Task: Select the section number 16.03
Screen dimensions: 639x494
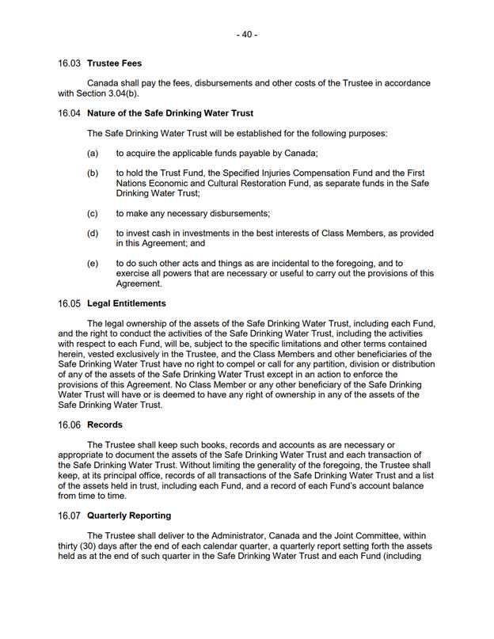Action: pyautogui.click(x=70, y=63)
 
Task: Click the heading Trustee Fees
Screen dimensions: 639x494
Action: pyautogui.click(x=115, y=63)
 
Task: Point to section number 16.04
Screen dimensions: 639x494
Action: pyautogui.click(x=70, y=113)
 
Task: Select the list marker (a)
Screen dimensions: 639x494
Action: pyautogui.click(x=93, y=154)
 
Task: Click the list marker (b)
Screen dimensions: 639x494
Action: pyautogui.click(x=93, y=173)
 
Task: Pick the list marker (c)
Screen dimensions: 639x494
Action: pyautogui.click(x=93, y=213)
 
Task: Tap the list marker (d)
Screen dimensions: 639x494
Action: pyautogui.click(x=93, y=234)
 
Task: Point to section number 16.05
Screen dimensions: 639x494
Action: pyautogui.click(x=70, y=303)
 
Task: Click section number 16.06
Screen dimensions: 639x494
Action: pyautogui.click(x=70, y=424)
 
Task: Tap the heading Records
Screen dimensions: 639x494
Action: pyautogui.click(x=104, y=424)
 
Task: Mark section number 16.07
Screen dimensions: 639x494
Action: pyautogui.click(x=70, y=515)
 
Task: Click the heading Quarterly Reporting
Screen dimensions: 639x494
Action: pyautogui.click(x=129, y=515)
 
